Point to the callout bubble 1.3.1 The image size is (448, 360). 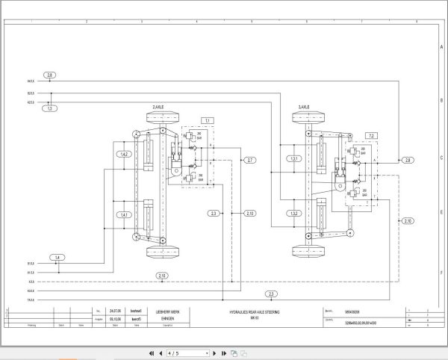[295, 158]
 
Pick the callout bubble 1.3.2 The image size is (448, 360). [295, 214]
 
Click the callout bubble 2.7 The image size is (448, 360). [250, 160]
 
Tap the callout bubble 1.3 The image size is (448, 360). [50, 109]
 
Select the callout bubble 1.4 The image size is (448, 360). [57, 258]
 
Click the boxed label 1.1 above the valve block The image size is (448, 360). [208, 120]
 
